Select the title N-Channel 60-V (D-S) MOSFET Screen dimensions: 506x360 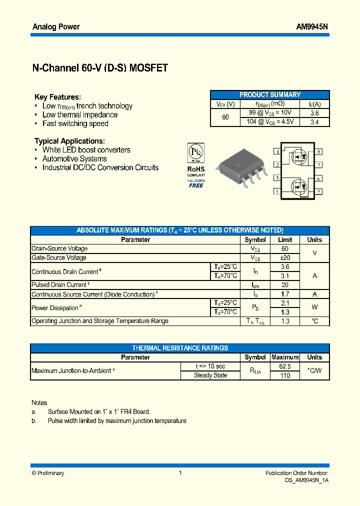pos(100,68)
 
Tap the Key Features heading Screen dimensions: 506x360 pos(57,97)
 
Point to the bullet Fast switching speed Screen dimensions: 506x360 pos(75,123)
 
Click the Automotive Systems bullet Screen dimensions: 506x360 pos(74,158)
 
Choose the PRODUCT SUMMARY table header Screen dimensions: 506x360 pos(269,94)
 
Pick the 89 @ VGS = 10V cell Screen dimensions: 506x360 pos(270,112)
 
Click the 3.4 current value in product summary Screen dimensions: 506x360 pos(314,121)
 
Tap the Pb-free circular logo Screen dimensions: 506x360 pos(196,152)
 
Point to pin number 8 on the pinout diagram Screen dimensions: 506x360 pos(318,151)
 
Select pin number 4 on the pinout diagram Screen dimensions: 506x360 pos(277,191)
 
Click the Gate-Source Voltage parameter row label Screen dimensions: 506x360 pos(59,257)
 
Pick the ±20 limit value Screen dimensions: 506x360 pos(285,257)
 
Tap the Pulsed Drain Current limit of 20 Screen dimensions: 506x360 pos(285,285)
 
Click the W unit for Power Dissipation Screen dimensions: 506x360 pos(314,307)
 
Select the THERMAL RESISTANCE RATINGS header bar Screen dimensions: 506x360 pos(180,348)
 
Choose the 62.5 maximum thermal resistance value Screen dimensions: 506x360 pos(285,366)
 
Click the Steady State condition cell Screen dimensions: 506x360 pos(210,375)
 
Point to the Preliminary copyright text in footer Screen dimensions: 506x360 pos(48,473)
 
